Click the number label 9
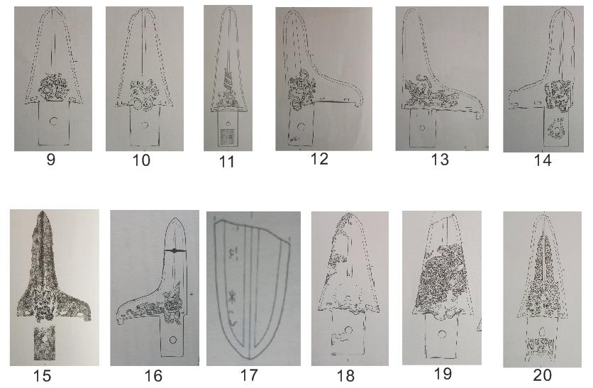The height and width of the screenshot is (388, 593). pos(50,159)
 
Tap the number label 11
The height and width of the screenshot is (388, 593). pos(226,162)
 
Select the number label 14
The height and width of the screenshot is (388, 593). pos(543,160)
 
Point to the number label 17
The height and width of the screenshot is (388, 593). pos(249,375)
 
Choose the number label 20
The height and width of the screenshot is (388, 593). pos(543,375)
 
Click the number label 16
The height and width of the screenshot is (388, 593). pos(153,376)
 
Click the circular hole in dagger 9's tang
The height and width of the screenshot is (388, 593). pos(54,121)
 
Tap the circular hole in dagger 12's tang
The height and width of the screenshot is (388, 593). pos(301,126)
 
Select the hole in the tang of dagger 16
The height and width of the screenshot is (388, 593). pos(173,340)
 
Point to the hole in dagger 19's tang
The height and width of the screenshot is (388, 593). pos(442,334)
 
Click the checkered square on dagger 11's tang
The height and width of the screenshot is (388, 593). pos(228,136)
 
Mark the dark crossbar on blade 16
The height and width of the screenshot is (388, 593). pos(174,250)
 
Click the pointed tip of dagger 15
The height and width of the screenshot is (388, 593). pos(42,213)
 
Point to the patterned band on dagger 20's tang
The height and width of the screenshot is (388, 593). pos(541,344)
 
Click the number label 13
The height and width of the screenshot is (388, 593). pos(440,159)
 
